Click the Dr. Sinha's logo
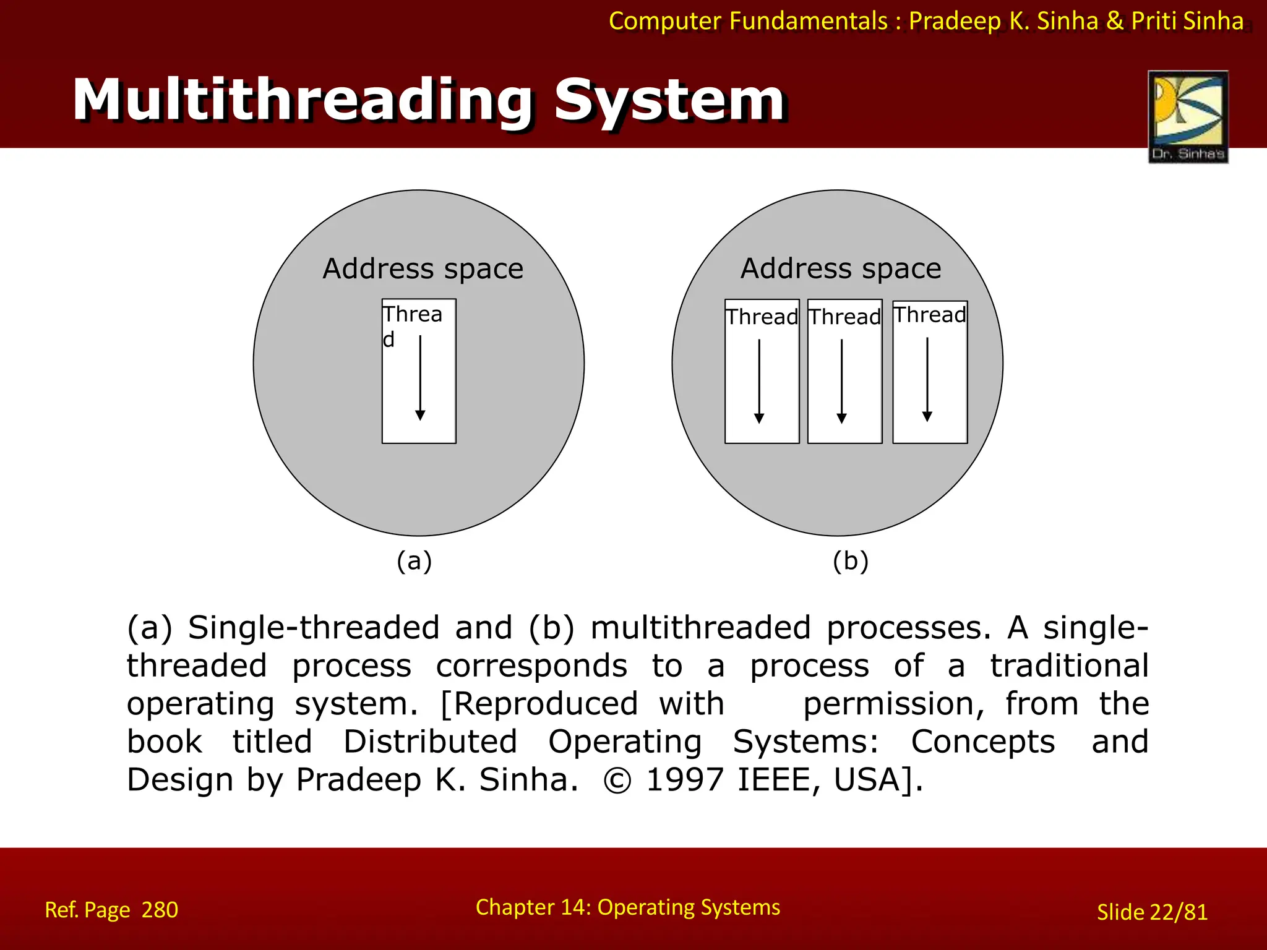1188,116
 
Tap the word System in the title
669,100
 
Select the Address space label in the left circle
423,269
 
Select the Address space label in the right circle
841,269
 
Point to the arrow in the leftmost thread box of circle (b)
759,381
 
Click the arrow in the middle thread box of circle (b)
841,381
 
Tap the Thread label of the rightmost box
929,315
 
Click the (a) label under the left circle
414,561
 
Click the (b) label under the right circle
850,561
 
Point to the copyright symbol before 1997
617,781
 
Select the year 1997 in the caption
684,779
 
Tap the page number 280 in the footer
160,910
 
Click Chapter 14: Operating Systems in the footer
627,907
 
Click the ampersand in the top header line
1114,21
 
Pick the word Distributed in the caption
430,742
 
